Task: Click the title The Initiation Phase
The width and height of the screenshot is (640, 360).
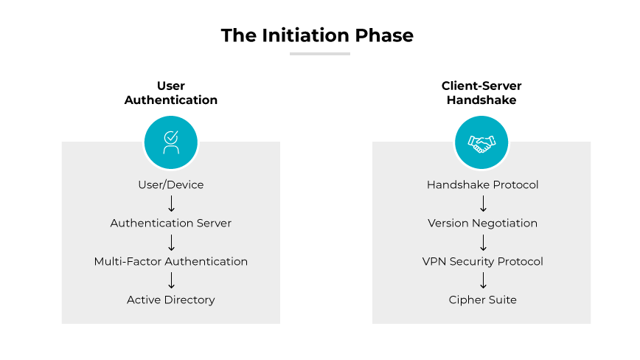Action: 317,35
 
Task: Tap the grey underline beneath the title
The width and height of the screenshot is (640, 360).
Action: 319,54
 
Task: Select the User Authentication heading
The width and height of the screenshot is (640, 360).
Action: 171,93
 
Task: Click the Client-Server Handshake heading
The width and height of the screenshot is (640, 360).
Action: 481,93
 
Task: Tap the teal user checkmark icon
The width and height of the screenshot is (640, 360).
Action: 171,142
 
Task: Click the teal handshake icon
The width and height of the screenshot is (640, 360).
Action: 481,142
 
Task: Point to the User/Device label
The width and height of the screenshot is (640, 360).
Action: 171,184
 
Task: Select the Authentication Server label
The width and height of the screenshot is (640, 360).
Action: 171,223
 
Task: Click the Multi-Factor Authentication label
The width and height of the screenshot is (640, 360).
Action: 171,261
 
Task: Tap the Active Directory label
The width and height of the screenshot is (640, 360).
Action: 171,300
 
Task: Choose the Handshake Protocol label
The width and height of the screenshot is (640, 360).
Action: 482,184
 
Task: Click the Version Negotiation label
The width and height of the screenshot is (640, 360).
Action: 482,223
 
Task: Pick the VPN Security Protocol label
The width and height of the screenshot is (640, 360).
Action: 482,261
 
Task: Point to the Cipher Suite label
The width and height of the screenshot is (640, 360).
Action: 482,300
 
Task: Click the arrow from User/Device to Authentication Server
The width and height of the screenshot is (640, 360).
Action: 171,204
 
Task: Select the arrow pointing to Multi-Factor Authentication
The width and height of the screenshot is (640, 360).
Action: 171,242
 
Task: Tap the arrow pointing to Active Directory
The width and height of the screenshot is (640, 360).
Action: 171,280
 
